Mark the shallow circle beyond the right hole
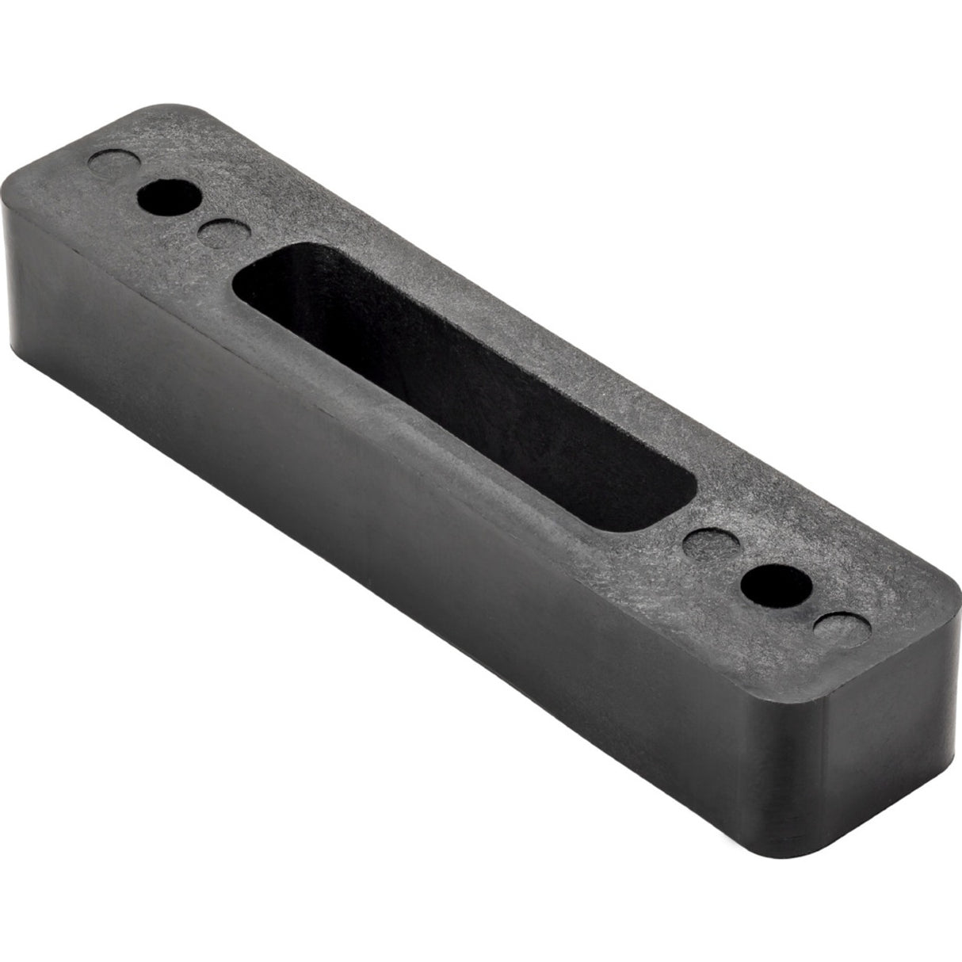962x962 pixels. coord(841,631)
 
